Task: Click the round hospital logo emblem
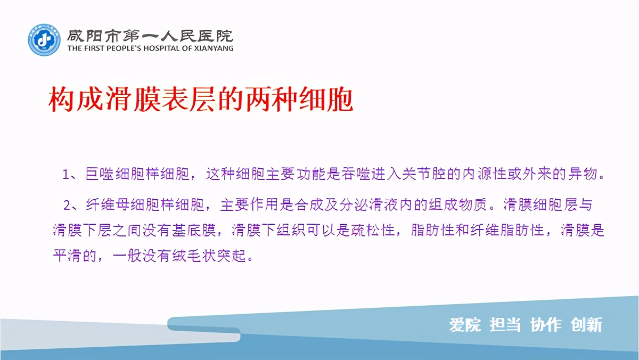(44, 40)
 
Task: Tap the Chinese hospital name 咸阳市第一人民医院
(150, 35)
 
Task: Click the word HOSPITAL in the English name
(160, 48)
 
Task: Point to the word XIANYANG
(214, 48)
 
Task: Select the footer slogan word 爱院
(465, 324)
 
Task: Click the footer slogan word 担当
(505, 324)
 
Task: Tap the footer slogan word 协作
(546, 324)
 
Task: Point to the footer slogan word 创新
(586, 324)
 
